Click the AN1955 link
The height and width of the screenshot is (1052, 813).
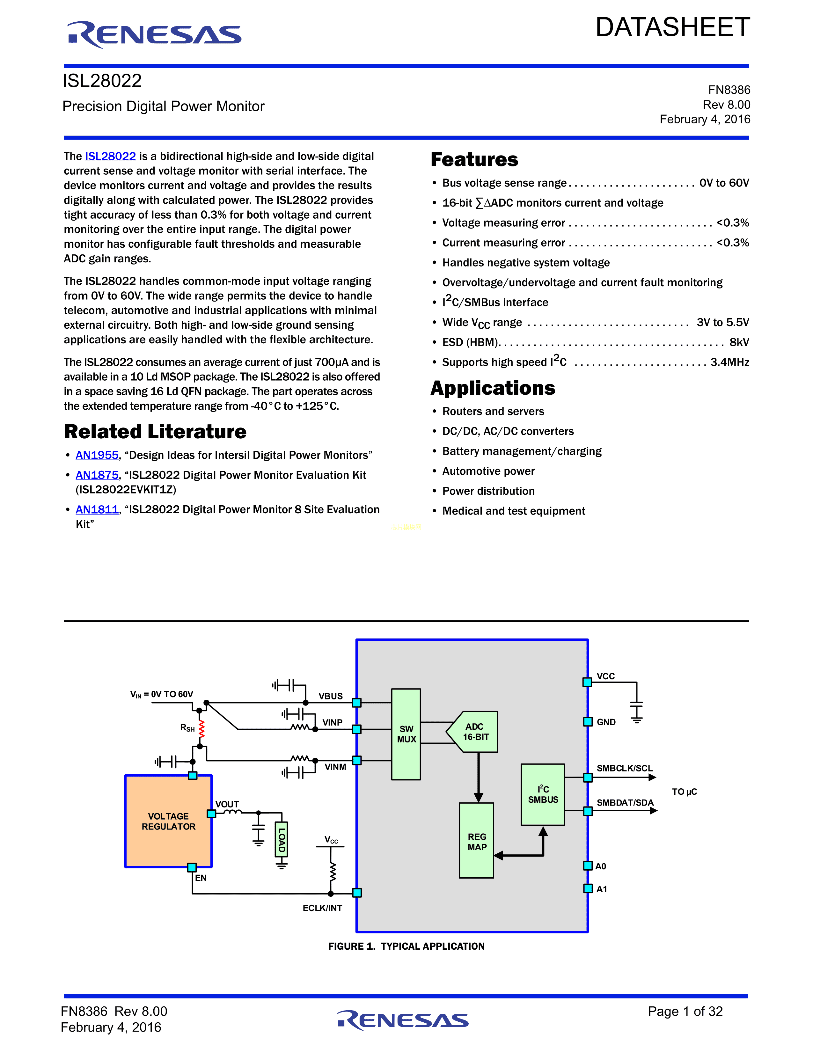tap(97, 455)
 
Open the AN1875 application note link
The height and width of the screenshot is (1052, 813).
tap(97, 475)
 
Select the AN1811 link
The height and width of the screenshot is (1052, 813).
tap(97, 510)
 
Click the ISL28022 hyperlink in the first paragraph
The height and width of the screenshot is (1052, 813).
tap(110, 156)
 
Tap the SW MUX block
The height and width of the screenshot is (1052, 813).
tap(406, 734)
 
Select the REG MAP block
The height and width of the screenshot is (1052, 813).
tap(476, 841)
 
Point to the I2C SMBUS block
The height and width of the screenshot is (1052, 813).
tap(543, 794)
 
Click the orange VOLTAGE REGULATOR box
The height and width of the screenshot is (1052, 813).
tap(168, 821)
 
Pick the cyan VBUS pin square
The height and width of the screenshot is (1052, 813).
tap(357, 703)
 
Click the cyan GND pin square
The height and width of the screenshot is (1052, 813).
tap(588, 721)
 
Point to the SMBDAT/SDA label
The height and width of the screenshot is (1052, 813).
tap(625, 802)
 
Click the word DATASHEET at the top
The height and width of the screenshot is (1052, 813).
tap(672, 27)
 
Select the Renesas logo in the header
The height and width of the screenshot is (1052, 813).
tap(155, 35)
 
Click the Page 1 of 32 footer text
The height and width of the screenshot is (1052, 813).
tap(685, 1011)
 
